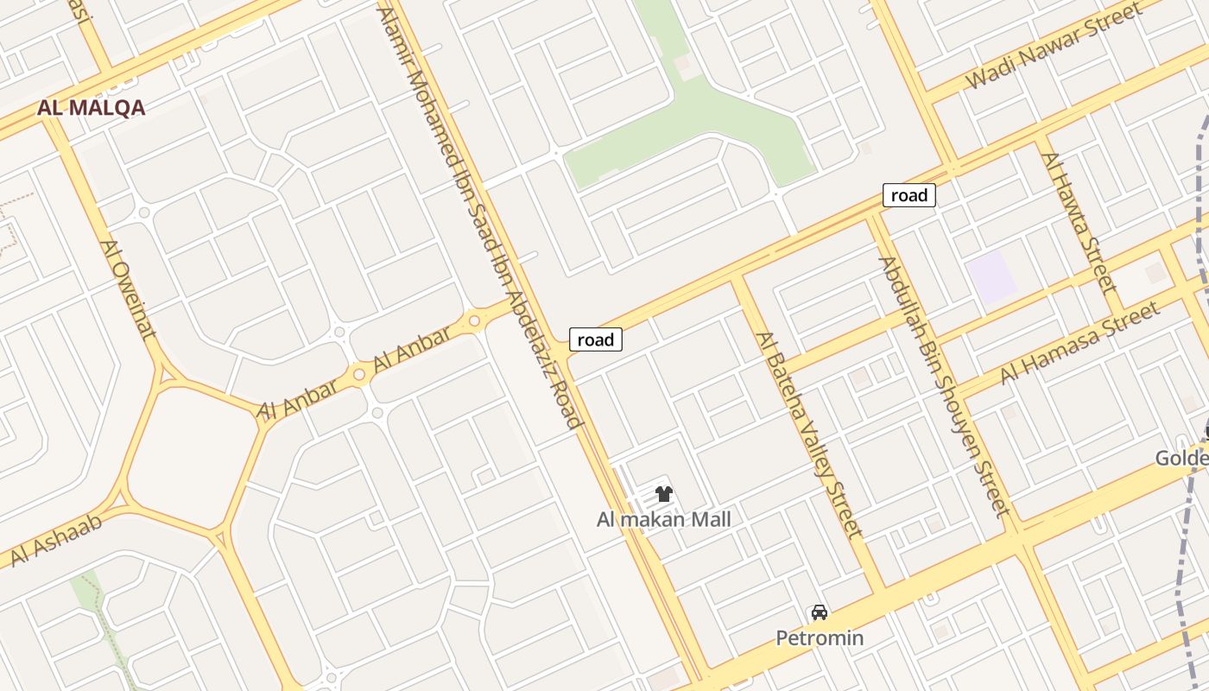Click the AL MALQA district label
[91, 108]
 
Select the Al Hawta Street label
[1079, 223]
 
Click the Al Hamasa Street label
[1079, 344]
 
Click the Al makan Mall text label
[663, 519]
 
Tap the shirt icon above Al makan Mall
[663, 494]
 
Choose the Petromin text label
[820, 638]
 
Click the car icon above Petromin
[820, 612]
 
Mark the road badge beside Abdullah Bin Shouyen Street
[908, 195]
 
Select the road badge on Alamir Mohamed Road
[595, 339]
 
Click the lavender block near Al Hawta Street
[992, 276]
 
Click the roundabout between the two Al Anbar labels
[359, 375]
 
